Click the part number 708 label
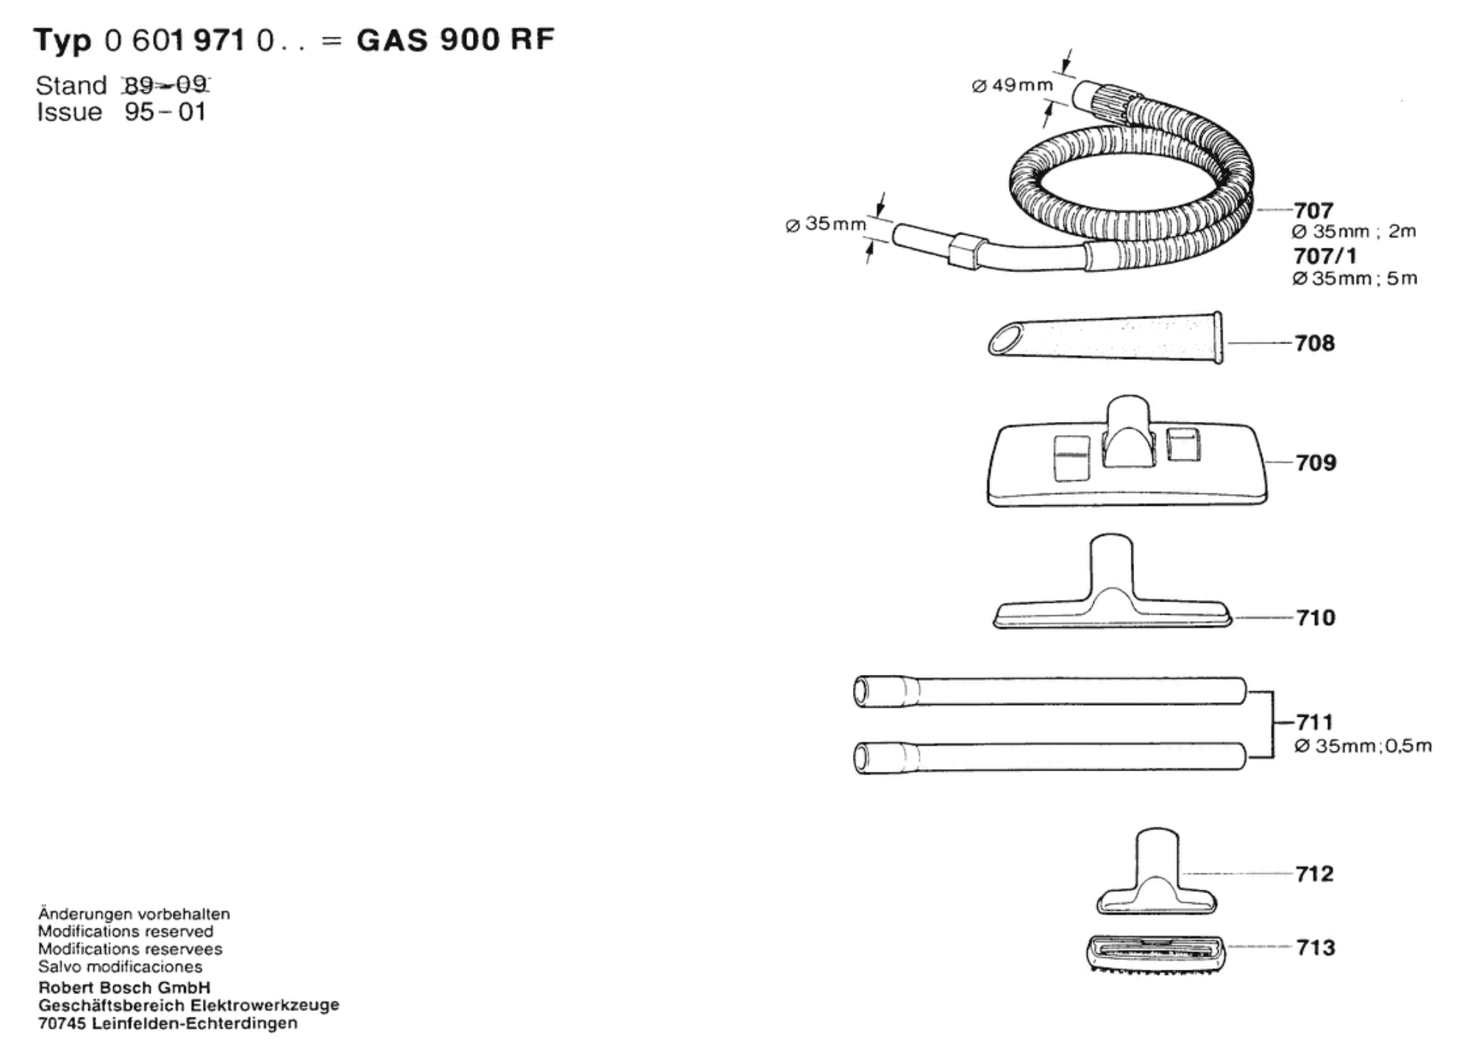[x=1314, y=343]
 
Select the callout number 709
[x=1316, y=462]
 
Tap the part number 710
[x=1316, y=618]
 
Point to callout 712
[x=1314, y=873]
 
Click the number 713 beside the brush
[x=1316, y=948]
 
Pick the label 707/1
[x=1325, y=256]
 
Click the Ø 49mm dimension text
[x=1012, y=86]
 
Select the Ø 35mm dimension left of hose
[x=825, y=224]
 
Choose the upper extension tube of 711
[x=1049, y=692]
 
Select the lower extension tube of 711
[x=1049, y=757]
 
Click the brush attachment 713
[x=1156, y=954]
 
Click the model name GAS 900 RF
[x=455, y=40]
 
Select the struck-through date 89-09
[x=166, y=85]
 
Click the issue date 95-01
[x=165, y=112]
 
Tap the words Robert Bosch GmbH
[x=124, y=987]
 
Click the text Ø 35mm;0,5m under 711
[x=1363, y=746]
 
